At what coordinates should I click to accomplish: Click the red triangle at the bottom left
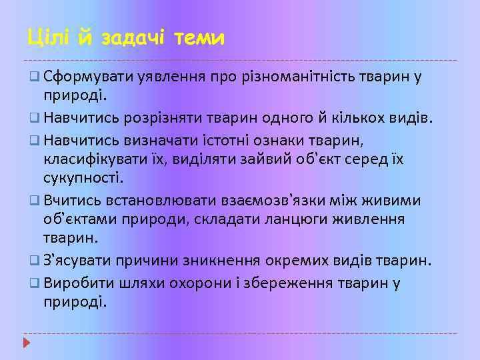click(27, 343)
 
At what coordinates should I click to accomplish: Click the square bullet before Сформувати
click(34, 77)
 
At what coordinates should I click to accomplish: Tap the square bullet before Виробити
click(34, 283)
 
